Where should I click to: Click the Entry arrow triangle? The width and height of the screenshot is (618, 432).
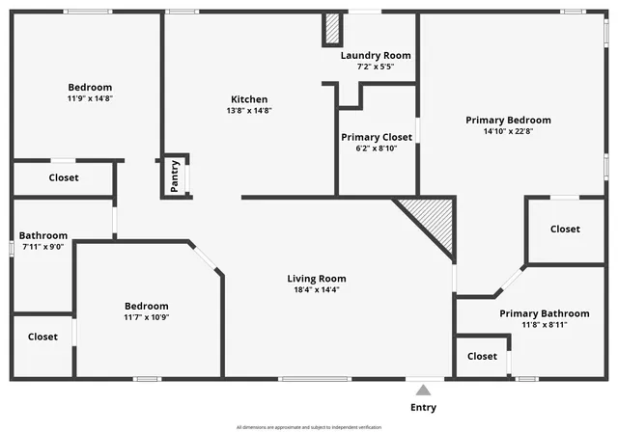[423, 391]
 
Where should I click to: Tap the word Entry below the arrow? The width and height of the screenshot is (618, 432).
[423, 408]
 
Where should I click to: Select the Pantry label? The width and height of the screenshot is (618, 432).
[175, 176]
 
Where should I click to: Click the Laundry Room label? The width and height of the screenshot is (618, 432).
[376, 55]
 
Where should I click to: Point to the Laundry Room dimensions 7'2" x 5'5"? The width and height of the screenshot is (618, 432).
[376, 67]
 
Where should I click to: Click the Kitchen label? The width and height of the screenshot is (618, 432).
[249, 99]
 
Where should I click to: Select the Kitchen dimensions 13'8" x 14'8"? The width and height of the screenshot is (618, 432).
[249, 111]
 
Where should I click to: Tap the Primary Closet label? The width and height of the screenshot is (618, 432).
[376, 137]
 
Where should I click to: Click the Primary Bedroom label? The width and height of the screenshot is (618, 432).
[508, 121]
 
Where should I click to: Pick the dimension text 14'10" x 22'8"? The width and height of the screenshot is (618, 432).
[508, 132]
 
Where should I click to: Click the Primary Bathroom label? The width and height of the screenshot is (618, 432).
[544, 313]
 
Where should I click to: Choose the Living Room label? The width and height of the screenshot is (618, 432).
[317, 279]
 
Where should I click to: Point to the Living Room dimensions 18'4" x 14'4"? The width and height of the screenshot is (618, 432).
[317, 289]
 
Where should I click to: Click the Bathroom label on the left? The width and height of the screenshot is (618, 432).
[43, 235]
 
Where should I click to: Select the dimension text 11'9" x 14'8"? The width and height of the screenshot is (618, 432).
[90, 98]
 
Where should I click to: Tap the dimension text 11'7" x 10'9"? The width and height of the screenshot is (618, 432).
[147, 317]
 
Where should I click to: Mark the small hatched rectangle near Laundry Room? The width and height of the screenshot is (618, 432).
[332, 30]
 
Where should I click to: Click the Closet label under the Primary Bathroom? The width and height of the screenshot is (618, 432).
[482, 357]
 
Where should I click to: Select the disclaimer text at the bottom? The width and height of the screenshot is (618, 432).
[309, 427]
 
